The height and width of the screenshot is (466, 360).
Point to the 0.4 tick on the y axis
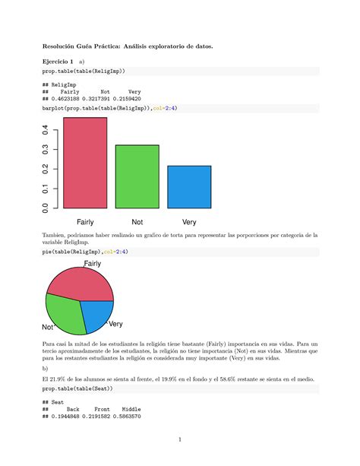click(x=46, y=131)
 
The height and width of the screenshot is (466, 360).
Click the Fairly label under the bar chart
click(x=84, y=222)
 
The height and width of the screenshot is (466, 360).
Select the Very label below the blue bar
click(x=189, y=222)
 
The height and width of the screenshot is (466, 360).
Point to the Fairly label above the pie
click(x=92, y=263)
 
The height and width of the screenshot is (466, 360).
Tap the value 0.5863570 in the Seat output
click(x=126, y=416)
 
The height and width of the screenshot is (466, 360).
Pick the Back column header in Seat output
click(x=74, y=408)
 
